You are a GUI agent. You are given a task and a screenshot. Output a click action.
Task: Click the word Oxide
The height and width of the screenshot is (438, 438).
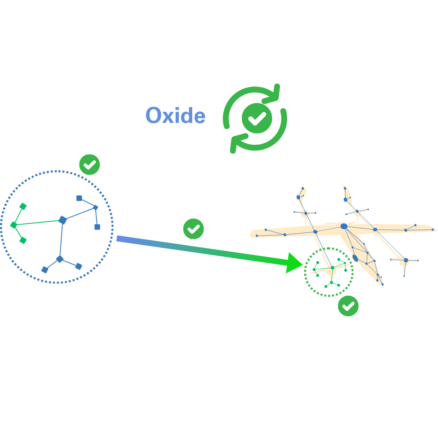175,116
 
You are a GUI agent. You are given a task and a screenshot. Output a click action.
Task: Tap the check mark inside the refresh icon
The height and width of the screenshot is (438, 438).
257,118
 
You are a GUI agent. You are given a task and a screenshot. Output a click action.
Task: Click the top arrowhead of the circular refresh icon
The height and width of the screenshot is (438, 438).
275,92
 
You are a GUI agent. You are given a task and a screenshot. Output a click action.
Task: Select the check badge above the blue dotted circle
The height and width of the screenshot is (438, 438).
89,165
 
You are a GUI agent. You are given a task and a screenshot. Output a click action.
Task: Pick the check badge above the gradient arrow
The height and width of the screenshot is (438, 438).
193,229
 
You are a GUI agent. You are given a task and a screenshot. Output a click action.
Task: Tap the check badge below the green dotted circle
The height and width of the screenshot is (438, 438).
348,306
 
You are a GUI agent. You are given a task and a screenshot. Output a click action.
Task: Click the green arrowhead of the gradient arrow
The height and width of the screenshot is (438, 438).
294,263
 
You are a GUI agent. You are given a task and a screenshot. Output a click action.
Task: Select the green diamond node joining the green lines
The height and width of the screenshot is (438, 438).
14,225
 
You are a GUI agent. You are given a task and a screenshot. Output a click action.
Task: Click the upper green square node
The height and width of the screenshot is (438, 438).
23,206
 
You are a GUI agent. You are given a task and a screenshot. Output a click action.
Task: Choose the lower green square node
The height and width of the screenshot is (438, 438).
23,240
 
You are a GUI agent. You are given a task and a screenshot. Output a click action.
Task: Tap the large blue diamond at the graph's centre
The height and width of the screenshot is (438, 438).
62,220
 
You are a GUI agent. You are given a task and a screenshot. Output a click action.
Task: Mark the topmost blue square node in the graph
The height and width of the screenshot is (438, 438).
79,198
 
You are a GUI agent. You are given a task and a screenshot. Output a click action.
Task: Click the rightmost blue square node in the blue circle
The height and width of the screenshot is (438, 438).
97,227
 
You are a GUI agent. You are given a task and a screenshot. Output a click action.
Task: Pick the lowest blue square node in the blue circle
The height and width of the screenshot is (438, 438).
45,270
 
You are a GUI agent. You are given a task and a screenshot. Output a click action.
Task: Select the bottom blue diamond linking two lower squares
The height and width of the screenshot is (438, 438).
60,259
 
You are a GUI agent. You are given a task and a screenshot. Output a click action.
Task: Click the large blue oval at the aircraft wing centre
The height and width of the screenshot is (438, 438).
344,226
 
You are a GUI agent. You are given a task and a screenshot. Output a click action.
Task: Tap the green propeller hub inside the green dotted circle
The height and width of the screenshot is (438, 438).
333,268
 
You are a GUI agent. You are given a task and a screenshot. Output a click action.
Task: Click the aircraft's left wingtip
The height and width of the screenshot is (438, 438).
252,234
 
